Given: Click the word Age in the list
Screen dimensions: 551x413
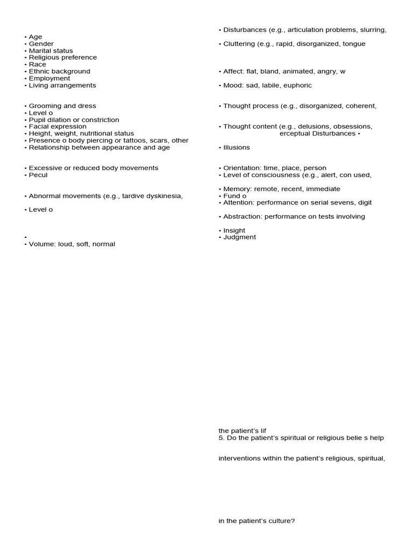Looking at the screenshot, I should click(35, 37).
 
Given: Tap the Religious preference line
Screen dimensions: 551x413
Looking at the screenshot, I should click(62, 58).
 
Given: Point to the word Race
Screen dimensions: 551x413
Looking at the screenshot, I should click(38, 65).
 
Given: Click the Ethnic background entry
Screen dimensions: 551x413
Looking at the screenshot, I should click(59, 72).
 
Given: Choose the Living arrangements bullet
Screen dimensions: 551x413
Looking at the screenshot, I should click(62, 86).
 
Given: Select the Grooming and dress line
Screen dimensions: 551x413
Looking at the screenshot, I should click(62, 106).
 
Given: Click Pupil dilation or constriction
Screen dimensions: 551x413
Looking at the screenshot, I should click(74, 120).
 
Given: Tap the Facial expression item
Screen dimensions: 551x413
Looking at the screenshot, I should click(58, 126).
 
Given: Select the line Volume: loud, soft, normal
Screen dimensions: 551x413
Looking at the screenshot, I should click(72, 244).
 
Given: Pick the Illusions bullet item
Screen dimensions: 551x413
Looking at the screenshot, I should click(236, 147).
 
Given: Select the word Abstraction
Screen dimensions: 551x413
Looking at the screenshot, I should click(243, 216).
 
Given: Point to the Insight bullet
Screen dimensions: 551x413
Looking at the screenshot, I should click(234, 230).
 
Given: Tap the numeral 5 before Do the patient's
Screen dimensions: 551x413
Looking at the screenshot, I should click(220, 438).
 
